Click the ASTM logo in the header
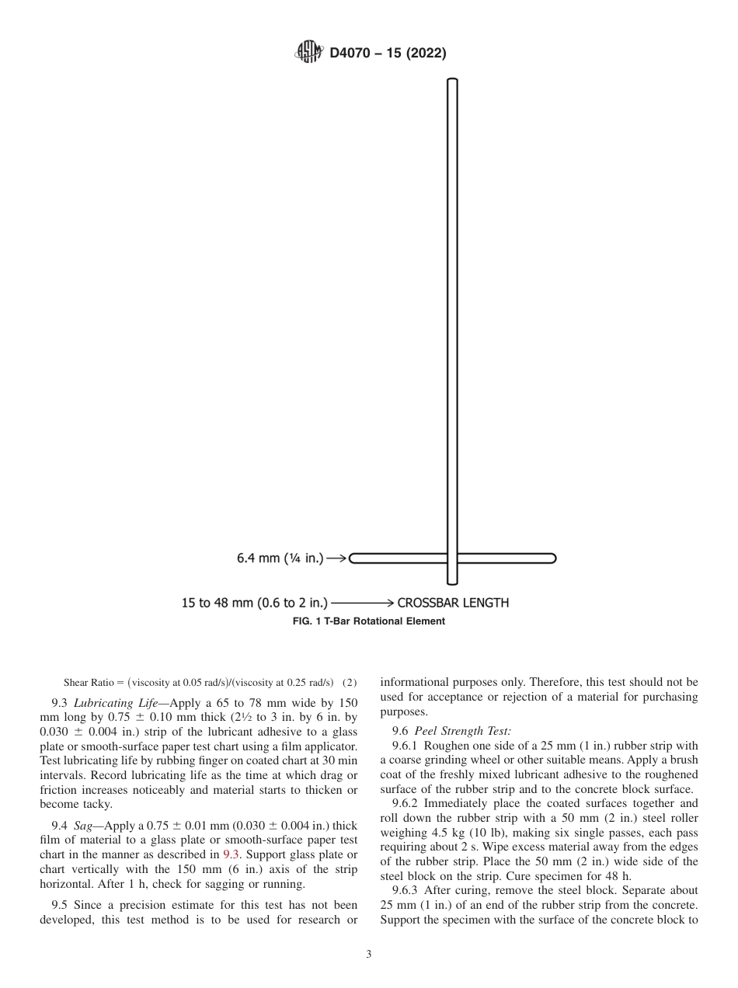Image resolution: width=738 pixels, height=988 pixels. coord(308,53)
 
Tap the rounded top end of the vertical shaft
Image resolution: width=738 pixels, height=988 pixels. coord(452,81)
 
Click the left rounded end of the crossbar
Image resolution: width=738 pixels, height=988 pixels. coord(353,558)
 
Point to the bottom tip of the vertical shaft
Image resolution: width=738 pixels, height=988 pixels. coord(452,581)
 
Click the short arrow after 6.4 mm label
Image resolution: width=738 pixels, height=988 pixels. coord(336,558)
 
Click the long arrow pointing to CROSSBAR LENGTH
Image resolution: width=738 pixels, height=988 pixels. coord(363,602)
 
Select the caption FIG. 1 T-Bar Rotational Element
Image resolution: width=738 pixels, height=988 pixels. coord(368,621)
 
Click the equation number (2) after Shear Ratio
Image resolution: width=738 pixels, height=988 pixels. coord(350,683)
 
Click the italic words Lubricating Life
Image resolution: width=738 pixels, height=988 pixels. coord(115,701)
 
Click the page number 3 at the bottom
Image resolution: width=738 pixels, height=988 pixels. coord(369,955)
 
